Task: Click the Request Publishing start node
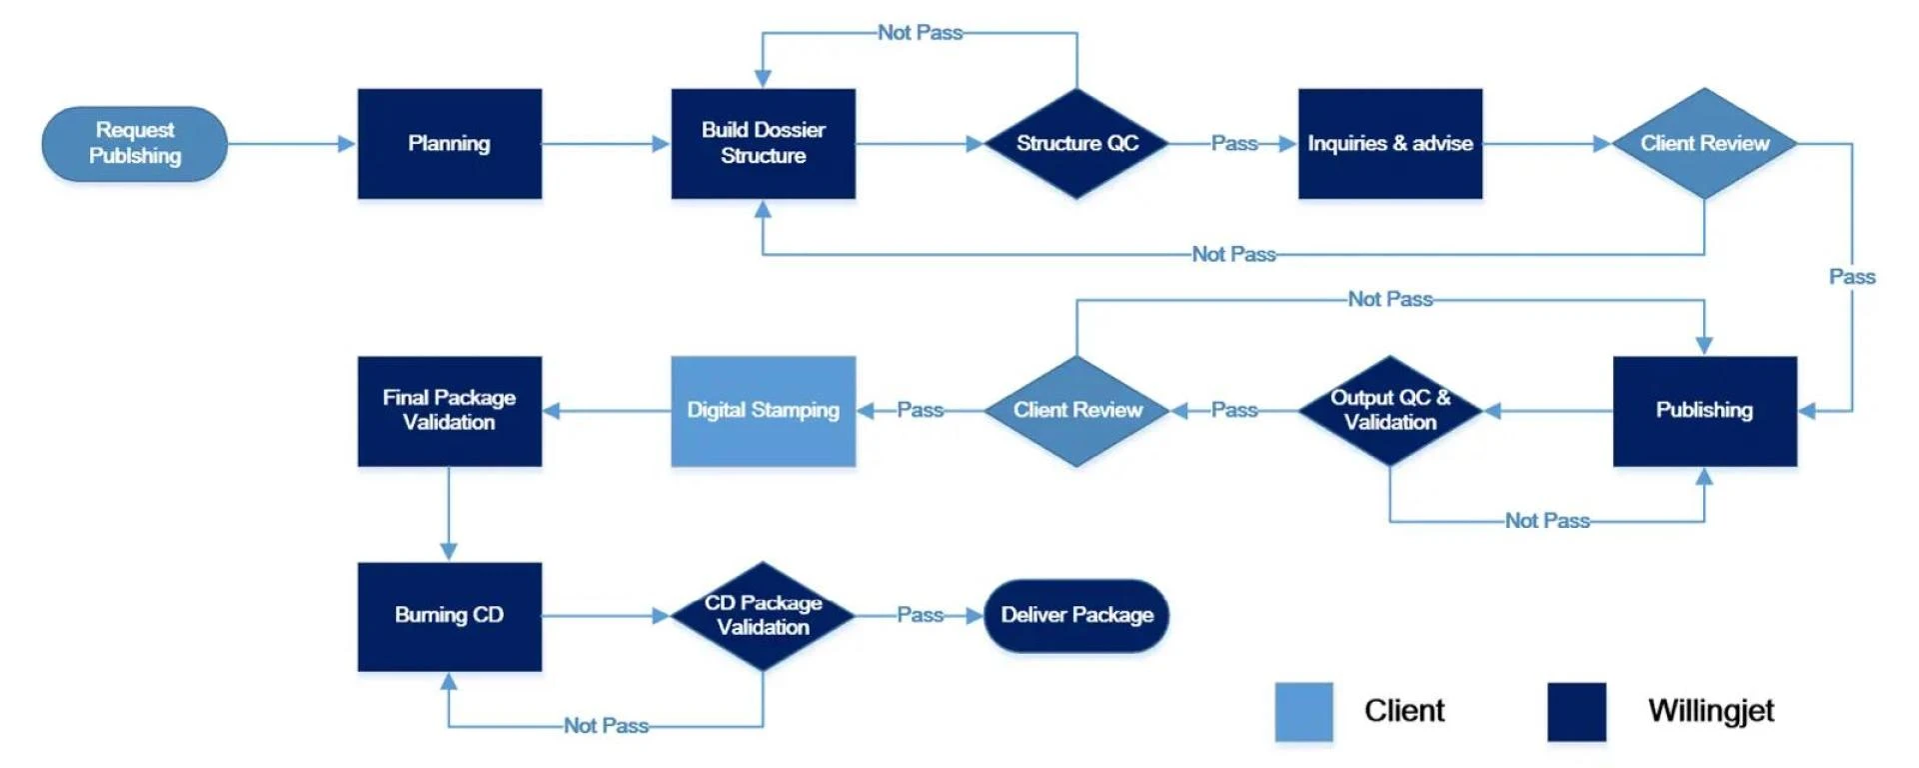135,144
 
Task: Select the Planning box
450,144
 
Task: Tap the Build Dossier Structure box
763,144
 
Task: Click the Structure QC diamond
1076,144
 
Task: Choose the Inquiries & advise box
1390,144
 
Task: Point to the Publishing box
1704,410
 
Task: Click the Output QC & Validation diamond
1390,410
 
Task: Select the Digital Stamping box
763,410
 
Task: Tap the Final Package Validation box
450,410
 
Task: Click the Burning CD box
450,615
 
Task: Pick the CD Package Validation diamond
763,615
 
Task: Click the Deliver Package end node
1076,615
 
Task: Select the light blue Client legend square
1303,711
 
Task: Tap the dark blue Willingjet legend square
1576,711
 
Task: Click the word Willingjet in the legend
1710,711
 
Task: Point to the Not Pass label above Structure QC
920,33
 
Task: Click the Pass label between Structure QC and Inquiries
1234,144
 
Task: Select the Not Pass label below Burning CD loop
606,726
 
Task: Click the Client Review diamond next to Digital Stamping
1076,410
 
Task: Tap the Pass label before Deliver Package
920,615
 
